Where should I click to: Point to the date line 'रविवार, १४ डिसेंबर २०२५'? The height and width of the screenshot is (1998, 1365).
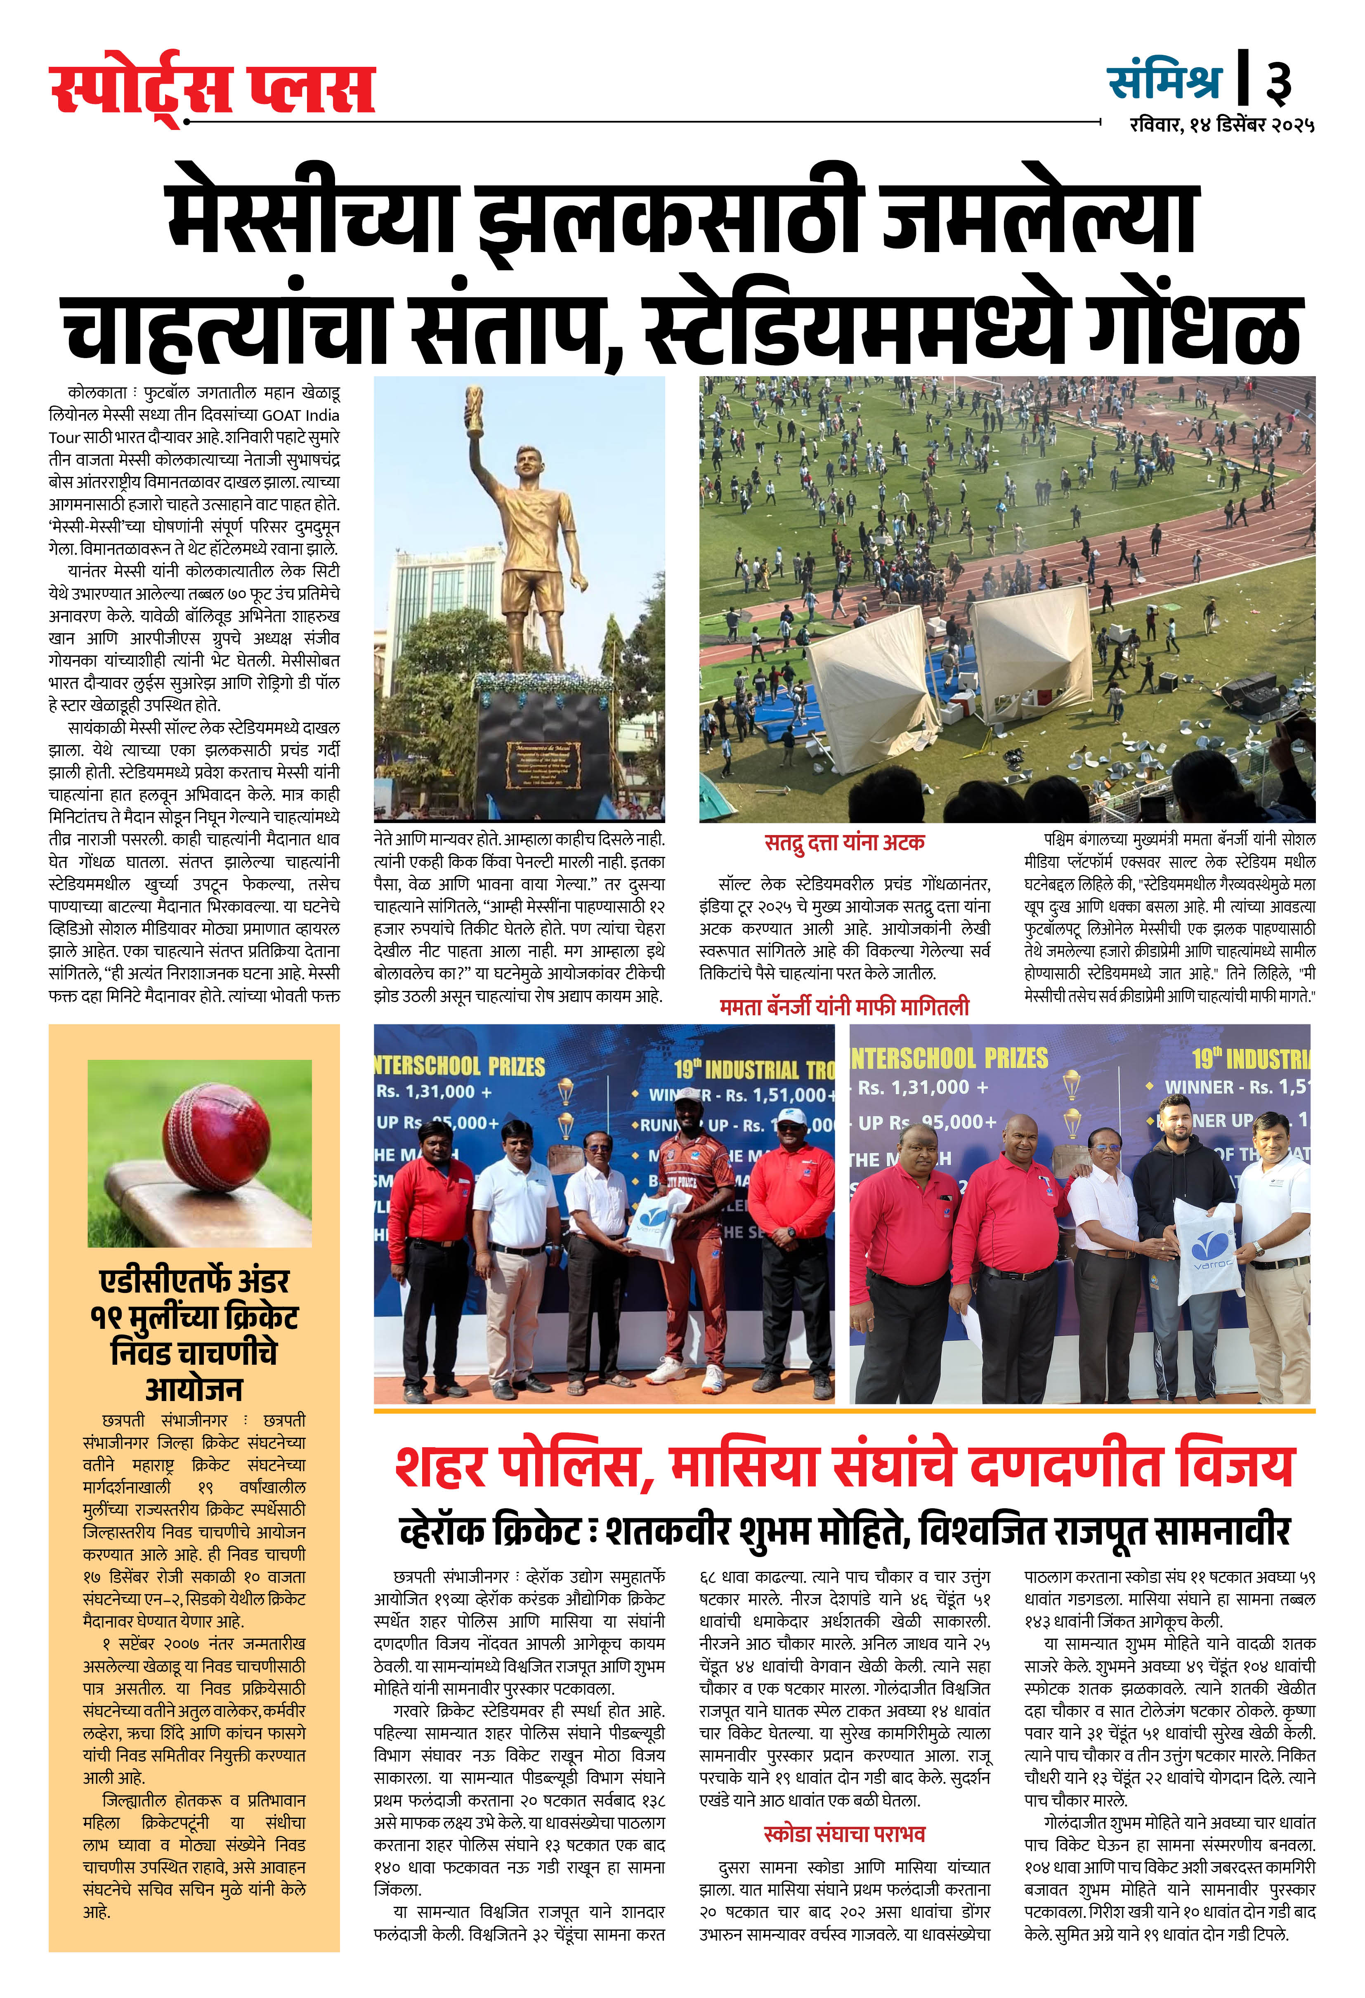point(1221,125)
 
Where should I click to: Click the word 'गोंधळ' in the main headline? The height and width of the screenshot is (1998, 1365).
point(1194,328)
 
